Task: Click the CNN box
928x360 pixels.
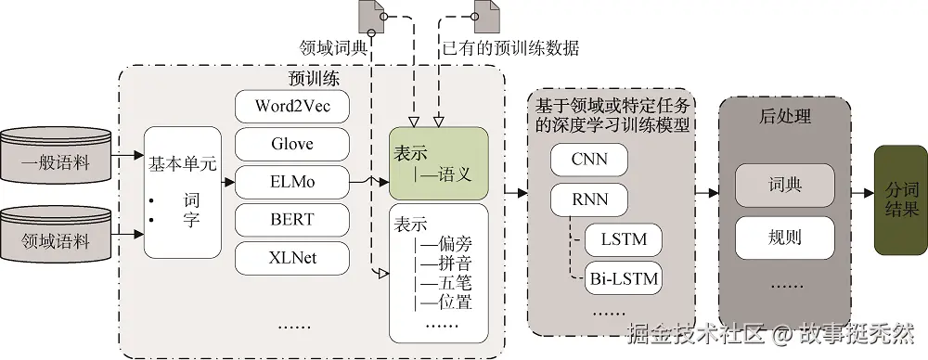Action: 589,160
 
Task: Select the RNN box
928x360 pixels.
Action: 589,198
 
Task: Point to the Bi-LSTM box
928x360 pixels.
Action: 624,277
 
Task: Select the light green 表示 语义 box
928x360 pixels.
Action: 438,163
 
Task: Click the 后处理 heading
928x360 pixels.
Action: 785,117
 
